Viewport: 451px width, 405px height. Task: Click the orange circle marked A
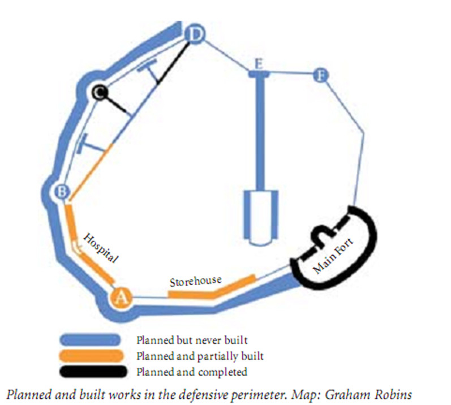(121, 298)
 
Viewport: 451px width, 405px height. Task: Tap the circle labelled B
(62, 191)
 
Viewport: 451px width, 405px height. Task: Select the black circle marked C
(100, 92)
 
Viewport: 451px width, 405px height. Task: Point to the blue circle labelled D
(195, 35)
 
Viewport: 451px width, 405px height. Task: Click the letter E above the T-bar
(259, 64)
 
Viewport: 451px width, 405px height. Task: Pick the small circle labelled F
(320, 76)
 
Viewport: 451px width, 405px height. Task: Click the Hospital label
(100, 248)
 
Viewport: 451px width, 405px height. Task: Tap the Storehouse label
(196, 281)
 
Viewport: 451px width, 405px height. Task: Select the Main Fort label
(333, 256)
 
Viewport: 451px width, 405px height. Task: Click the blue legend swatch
(90, 340)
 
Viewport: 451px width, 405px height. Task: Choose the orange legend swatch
(91, 356)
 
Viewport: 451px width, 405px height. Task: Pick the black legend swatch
(93, 372)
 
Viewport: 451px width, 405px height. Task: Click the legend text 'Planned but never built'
(192, 340)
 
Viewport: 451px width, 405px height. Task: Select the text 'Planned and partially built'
(200, 356)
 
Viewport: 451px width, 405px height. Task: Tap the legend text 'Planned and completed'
(192, 372)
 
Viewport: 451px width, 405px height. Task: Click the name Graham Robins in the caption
(368, 394)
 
